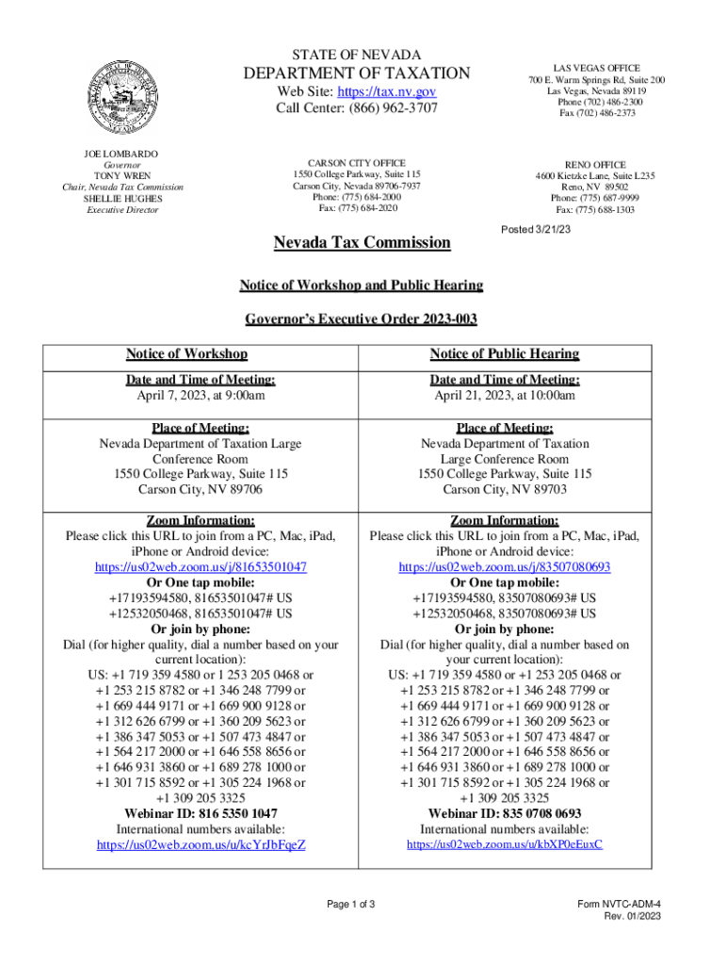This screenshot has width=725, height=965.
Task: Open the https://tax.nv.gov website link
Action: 387,91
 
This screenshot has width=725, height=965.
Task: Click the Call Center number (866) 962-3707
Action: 357,108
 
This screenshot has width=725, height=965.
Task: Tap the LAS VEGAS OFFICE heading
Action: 595,69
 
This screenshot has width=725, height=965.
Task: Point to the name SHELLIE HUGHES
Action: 122,199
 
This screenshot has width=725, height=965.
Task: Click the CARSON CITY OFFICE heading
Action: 357,163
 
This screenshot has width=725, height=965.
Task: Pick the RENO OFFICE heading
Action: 595,164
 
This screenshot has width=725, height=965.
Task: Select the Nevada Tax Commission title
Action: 362,243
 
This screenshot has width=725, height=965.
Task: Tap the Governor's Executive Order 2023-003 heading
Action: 362,319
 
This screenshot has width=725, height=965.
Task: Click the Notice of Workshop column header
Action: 186,353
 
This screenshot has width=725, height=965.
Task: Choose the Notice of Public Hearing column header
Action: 505,353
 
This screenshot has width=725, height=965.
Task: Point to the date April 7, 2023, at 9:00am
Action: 201,396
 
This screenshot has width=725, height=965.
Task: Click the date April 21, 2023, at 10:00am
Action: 505,396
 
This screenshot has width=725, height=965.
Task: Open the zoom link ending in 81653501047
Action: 201,567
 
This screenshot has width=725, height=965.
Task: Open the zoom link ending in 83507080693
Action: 505,567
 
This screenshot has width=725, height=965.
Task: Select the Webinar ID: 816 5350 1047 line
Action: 201,812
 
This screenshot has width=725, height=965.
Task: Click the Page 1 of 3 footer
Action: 351,905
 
